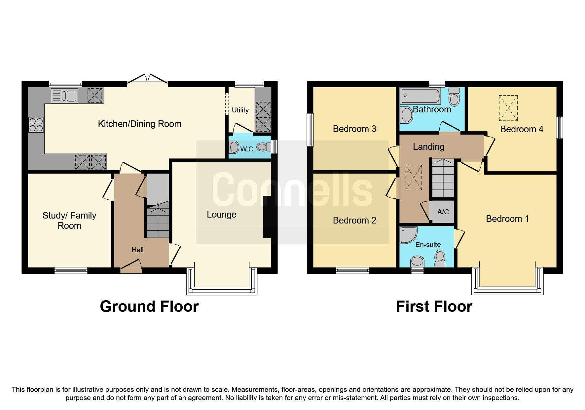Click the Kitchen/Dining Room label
click(140, 124)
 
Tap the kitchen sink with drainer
click(64, 96)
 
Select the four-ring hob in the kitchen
click(36, 125)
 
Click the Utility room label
click(240, 110)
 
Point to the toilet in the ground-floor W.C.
click(263, 147)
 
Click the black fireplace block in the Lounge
click(267, 217)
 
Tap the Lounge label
click(221, 215)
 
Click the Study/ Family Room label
click(69, 221)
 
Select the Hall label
click(137, 250)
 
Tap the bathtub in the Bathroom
click(420, 96)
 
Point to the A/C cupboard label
click(443, 212)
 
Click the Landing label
click(428, 146)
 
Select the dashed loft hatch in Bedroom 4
click(508, 108)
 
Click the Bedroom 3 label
click(354, 129)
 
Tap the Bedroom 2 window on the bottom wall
click(352, 270)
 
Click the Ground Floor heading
click(149, 307)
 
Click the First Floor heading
click(434, 307)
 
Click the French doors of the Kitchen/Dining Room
click(147, 79)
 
